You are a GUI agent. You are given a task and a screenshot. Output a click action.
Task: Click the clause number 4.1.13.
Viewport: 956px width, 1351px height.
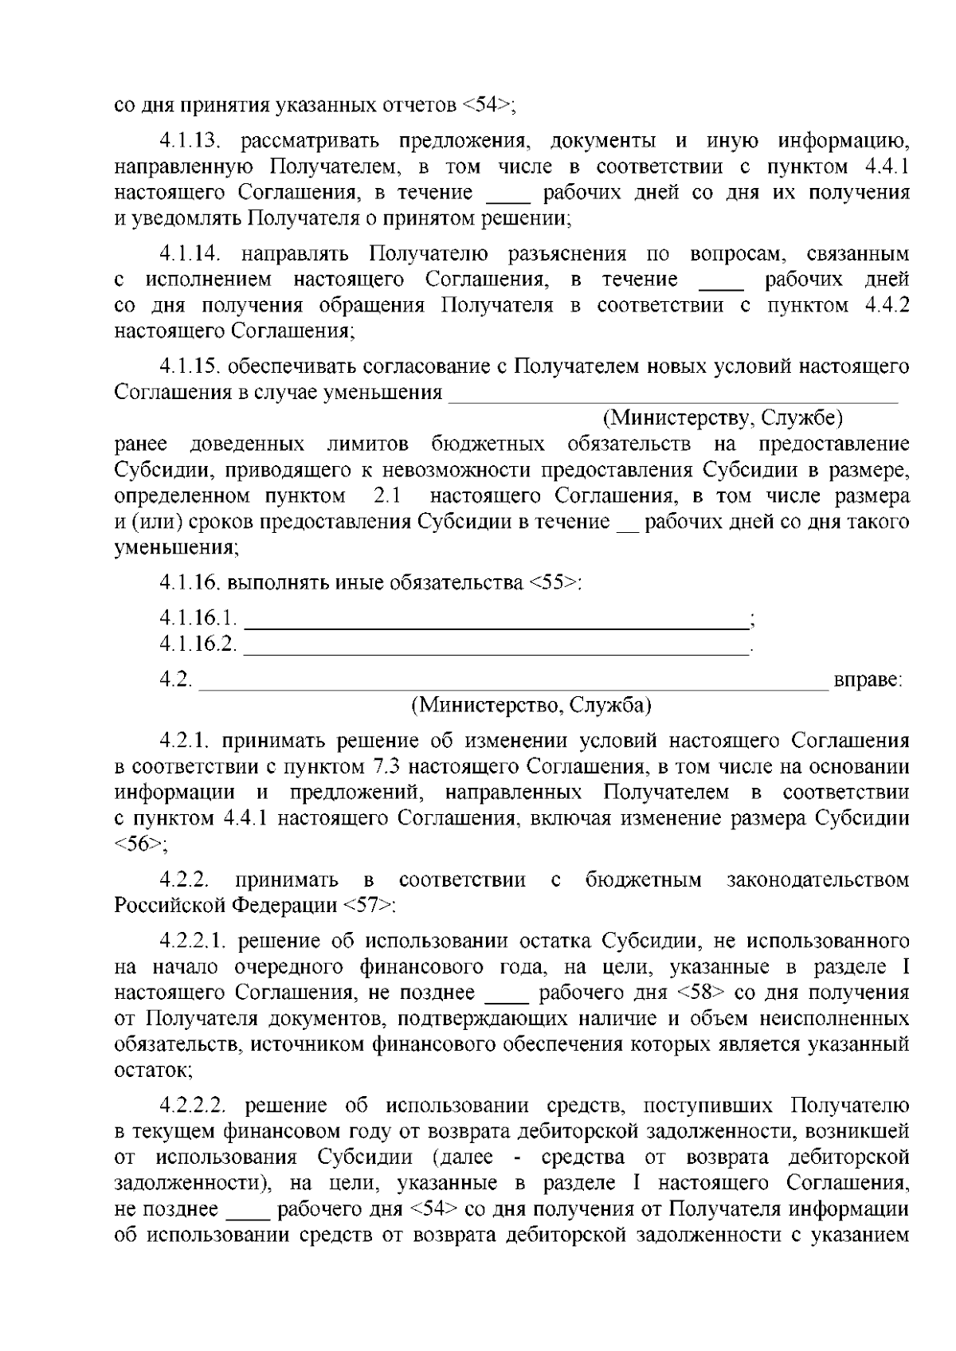click(x=189, y=142)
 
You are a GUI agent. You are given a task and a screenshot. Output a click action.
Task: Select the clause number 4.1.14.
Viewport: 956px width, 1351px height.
click(x=189, y=254)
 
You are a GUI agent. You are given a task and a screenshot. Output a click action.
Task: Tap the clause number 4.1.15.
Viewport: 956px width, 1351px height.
click(x=189, y=366)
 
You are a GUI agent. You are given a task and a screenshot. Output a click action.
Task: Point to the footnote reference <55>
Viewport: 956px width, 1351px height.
click(x=554, y=582)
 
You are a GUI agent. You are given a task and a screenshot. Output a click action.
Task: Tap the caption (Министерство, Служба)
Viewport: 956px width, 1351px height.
click(x=531, y=705)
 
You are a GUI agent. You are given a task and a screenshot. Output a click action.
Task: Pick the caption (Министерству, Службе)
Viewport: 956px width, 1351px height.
click(x=723, y=417)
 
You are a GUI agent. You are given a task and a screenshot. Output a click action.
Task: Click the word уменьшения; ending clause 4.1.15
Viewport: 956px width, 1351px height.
click(x=176, y=548)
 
